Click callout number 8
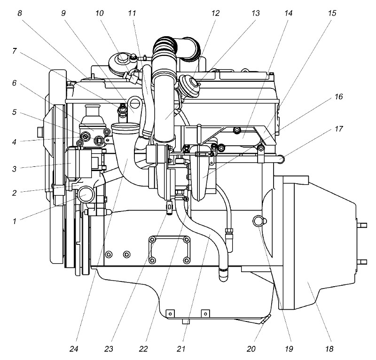(20, 13)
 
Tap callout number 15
(332, 13)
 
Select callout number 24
(74, 349)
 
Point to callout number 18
(329, 349)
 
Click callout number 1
(15, 221)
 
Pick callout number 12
(215, 13)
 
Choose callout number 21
(181, 349)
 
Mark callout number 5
(15, 112)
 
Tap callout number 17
(338, 129)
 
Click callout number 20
(251, 349)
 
